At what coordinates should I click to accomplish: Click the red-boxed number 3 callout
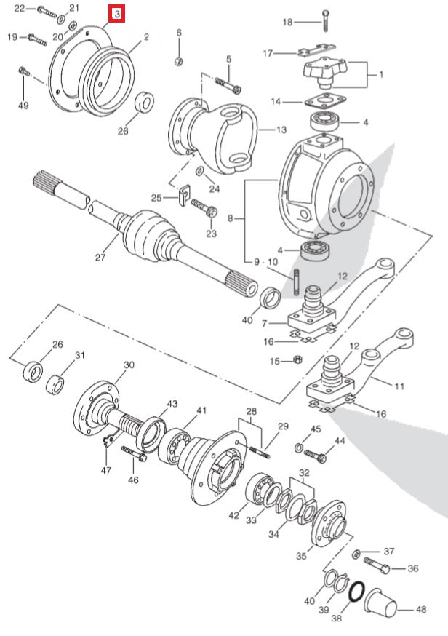[117, 14]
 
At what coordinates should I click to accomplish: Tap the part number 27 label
[101, 256]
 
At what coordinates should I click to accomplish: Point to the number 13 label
[281, 130]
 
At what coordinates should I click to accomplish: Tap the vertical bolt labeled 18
[324, 21]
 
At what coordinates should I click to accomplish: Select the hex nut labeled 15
[297, 359]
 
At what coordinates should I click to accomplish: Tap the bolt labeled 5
[228, 87]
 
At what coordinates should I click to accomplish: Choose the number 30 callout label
[129, 365]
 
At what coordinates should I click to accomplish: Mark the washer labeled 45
[299, 446]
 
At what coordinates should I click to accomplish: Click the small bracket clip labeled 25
[183, 195]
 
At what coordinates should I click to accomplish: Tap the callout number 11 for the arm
[399, 386]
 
